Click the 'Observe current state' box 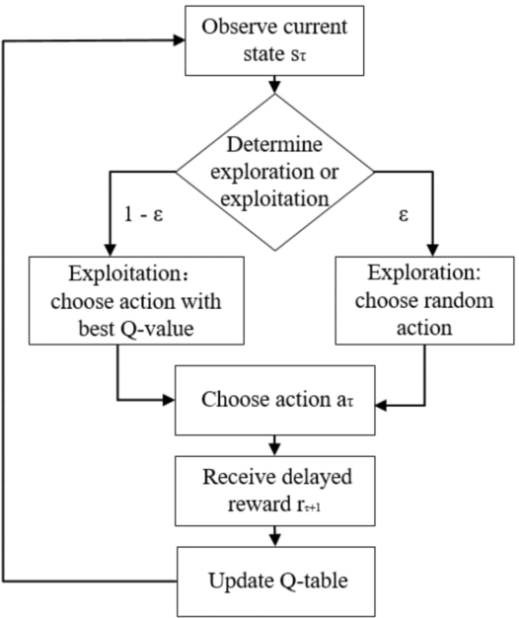(274, 41)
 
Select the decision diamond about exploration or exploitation (275, 172)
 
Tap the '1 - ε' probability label (144, 215)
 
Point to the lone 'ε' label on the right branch (404, 215)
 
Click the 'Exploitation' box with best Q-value (136, 301)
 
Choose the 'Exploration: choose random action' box (424, 301)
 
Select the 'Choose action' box (275, 400)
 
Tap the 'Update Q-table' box (276, 581)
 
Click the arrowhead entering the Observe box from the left (179, 40)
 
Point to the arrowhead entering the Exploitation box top (110, 250)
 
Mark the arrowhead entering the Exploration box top (433, 250)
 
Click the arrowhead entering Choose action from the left (169, 400)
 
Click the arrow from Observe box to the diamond (275, 85)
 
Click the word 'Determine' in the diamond (274, 145)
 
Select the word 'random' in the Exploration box (461, 301)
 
